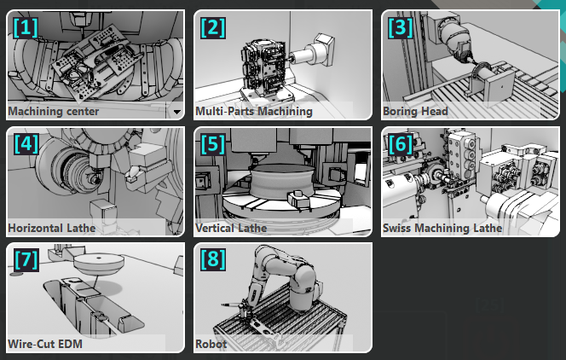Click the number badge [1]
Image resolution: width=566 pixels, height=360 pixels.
pos(26,27)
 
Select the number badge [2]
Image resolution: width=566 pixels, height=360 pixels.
pos(213,27)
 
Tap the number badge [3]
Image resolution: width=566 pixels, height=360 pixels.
pos(400,27)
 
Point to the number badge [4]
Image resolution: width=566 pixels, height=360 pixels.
pos(26,143)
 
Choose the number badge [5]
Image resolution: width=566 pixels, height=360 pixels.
pos(213,143)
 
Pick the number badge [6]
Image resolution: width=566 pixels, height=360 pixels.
pos(400,143)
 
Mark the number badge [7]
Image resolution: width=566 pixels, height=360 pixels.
pos(26,259)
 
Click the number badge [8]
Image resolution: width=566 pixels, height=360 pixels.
pos(213,259)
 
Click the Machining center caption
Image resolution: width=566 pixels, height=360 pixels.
pos(53,112)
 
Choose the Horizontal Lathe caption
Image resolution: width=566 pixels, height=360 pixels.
pos(51,229)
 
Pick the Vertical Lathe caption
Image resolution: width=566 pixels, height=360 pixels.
pos(231,229)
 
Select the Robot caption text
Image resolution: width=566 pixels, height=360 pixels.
pos(211,345)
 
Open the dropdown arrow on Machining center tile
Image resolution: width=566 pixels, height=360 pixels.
pos(176,112)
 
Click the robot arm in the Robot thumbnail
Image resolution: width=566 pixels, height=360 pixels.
pos(290,273)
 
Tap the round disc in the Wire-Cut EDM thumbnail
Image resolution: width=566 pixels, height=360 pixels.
pos(96,262)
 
